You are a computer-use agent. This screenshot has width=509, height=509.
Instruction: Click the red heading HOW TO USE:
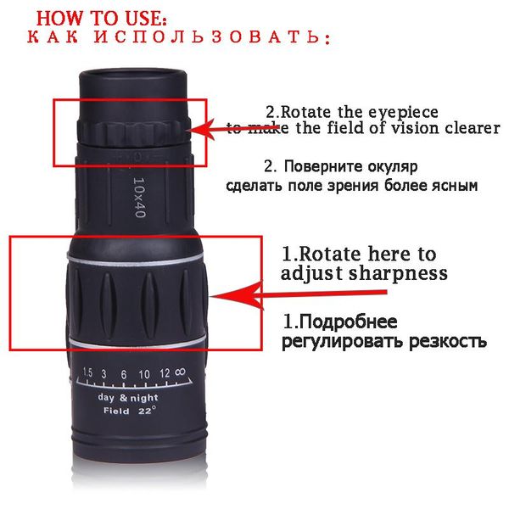click(101, 18)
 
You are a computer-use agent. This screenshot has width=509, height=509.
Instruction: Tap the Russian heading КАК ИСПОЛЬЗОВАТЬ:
click(178, 36)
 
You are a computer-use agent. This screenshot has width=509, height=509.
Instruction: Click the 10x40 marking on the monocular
click(140, 197)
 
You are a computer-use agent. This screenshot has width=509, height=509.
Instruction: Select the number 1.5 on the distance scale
click(87, 372)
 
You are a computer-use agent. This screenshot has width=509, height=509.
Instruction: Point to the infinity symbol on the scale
click(180, 372)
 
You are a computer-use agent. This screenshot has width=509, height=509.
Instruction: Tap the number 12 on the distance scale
click(165, 373)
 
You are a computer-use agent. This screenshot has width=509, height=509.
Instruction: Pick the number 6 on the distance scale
click(124, 375)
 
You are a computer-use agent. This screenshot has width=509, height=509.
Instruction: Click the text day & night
click(128, 398)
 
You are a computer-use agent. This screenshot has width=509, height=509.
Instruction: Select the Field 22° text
click(130, 411)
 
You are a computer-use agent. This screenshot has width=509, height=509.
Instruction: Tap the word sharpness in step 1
click(399, 273)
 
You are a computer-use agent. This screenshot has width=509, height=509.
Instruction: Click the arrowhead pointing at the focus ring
click(235, 296)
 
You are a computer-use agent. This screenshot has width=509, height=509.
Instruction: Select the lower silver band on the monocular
click(137, 342)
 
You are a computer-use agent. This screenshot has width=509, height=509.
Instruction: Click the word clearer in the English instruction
click(473, 128)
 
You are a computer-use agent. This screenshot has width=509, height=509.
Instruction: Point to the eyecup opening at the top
click(133, 78)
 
